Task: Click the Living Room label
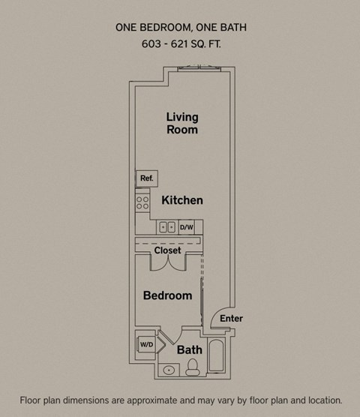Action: point(182,123)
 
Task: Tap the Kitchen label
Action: point(182,200)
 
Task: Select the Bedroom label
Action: point(167,295)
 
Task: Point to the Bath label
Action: point(189,349)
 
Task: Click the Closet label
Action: point(167,250)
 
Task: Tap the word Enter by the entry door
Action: point(231,318)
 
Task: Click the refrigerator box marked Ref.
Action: point(146,178)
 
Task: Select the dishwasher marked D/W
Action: point(186,226)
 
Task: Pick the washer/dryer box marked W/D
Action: point(145,343)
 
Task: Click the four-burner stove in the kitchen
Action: point(142,202)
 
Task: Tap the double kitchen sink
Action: point(167,226)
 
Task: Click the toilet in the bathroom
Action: point(193,367)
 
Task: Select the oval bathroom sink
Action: point(169,370)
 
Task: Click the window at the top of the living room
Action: point(199,69)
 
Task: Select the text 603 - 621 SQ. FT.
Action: point(181,44)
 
